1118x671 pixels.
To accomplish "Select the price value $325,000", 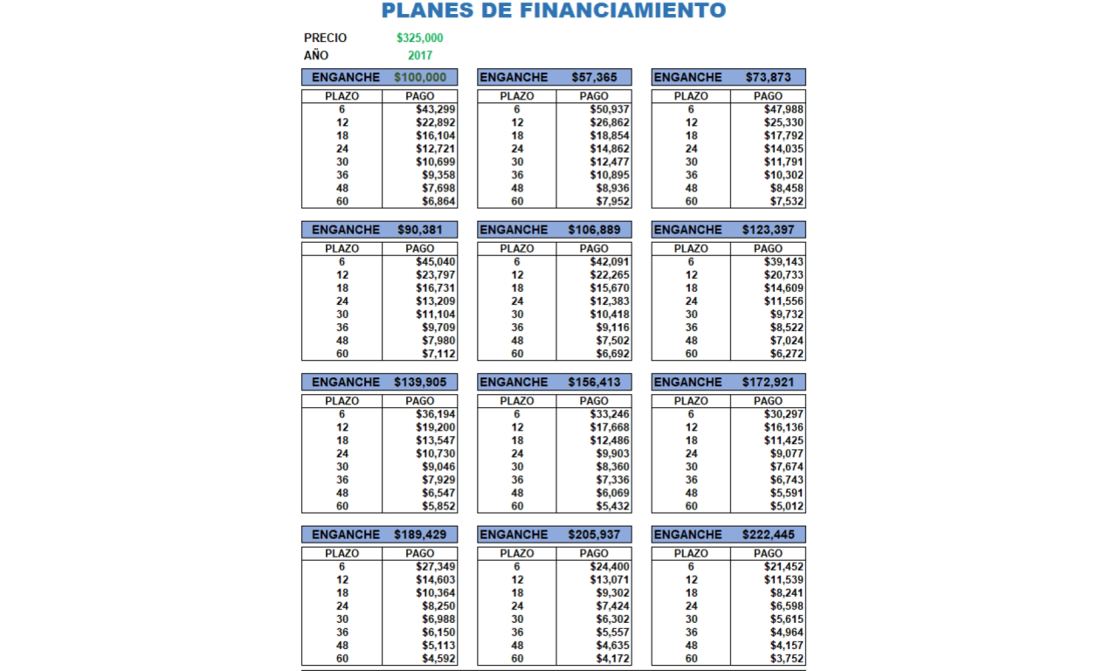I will pyautogui.click(x=419, y=38).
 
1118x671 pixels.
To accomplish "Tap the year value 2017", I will pyautogui.click(x=419, y=55).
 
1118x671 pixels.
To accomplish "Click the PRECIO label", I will pyautogui.click(x=325, y=38).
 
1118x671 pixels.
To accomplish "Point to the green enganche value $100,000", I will pyautogui.click(x=420, y=77).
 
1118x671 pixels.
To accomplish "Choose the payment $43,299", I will pyautogui.click(x=436, y=109).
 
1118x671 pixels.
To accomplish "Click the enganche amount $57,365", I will pyautogui.click(x=594, y=77).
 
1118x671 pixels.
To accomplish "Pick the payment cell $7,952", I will pyautogui.click(x=610, y=201).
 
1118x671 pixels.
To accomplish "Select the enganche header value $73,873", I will pyautogui.click(x=769, y=77).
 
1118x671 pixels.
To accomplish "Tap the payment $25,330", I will pyautogui.click(x=783, y=122).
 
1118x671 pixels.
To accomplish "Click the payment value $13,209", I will pyautogui.click(x=436, y=301).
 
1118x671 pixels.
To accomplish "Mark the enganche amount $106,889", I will pyautogui.click(x=594, y=230).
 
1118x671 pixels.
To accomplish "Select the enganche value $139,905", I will pyautogui.click(x=420, y=382).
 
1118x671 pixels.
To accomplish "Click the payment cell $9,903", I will pyautogui.click(x=612, y=453).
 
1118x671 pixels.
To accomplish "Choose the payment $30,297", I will pyautogui.click(x=783, y=414).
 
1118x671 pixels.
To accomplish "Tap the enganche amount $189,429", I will pyautogui.click(x=420, y=534).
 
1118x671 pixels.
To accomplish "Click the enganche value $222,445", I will pyautogui.click(x=769, y=534).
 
